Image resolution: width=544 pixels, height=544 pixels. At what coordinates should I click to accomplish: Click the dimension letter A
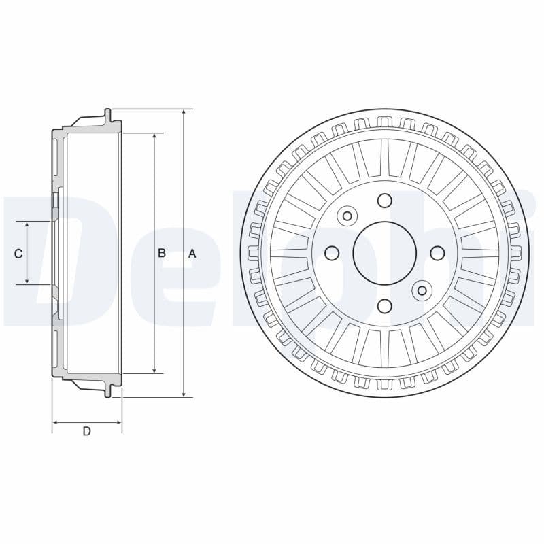pos(192,253)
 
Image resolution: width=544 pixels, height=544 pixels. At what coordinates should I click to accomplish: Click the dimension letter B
pos(162,253)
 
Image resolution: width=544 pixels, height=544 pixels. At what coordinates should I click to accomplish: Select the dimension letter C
pos(18,253)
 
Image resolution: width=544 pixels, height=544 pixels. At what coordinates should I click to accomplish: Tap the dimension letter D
pos(86,431)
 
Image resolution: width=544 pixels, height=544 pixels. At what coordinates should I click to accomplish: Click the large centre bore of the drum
pos(384,253)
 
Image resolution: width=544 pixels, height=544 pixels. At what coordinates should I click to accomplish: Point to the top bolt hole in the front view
pos(384,201)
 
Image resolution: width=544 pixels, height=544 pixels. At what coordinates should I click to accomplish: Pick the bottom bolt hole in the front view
pos(384,306)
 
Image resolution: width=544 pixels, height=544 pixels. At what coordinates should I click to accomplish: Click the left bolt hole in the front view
pos(332,253)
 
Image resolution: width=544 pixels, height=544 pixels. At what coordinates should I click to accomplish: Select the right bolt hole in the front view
pos(437,253)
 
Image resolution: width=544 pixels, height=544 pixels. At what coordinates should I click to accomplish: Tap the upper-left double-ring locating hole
pos(347,216)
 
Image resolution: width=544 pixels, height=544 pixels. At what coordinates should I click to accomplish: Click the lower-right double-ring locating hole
pos(422,290)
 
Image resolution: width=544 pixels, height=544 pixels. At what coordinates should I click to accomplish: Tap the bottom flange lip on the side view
pos(107,391)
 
